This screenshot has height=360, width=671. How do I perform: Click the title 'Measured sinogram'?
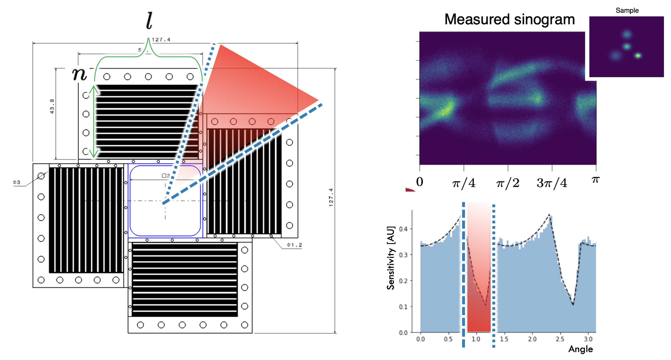pyautogui.click(x=509, y=19)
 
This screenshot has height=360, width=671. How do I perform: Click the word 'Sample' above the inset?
pyautogui.click(x=627, y=10)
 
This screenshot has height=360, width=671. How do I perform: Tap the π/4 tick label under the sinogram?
pyautogui.click(x=464, y=183)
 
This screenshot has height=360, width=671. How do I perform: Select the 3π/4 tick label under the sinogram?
pyautogui.click(x=552, y=183)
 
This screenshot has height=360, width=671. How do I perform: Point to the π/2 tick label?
pyautogui.click(x=508, y=183)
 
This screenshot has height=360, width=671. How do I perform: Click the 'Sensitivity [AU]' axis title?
pyautogui.click(x=391, y=258)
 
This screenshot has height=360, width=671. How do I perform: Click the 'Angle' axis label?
pyautogui.click(x=581, y=349)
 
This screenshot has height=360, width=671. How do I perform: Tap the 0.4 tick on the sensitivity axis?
pyautogui.click(x=403, y=229)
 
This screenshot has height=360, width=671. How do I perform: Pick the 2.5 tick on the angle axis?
pyautogui.click(x=560, y=339)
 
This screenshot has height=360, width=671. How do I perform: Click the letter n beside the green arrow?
pyautogui.click(x=79, y=74)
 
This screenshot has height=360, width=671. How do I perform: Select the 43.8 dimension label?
pyautogui.click(x=52, y=106)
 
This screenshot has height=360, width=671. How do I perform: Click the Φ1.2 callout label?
pyautogui.click(x=295, y=245)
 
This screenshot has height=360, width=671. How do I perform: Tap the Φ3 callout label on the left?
pyautogui.click(x=16, y=182)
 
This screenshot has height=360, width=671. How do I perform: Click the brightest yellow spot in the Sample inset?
pyautogui.click(x=638, y=56)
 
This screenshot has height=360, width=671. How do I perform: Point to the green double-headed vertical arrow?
pyautogui.click(x=94, y=122)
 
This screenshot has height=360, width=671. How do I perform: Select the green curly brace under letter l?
pyautogui.click(x=148, y=54)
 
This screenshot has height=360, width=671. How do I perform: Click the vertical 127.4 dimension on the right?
pyautogui.click(x=331, y=197)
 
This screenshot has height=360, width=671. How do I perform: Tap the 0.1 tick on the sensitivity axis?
pyautogui.click(x=403, y=307)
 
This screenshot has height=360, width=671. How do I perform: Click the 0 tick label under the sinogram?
pyautogui.click(x=420, y=182)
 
